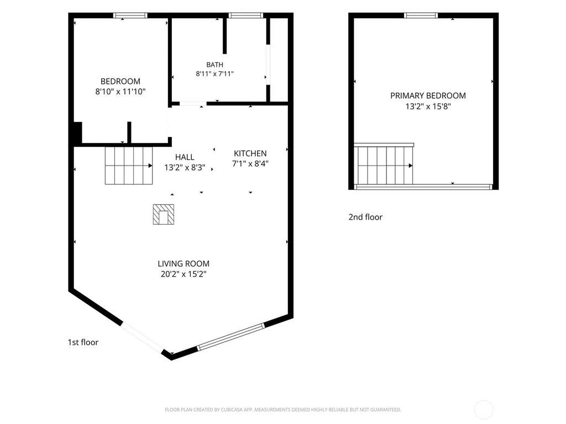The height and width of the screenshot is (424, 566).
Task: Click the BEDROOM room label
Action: pos(120,82)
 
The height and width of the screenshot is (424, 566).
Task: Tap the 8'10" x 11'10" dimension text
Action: pos(120,92)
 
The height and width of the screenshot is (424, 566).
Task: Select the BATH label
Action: pos(215,65)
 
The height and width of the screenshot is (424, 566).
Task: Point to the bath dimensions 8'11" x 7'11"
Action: pos(215,74)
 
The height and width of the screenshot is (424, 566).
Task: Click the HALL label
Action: pos(185,157)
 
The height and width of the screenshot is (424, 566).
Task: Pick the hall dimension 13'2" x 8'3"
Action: pos(185,168)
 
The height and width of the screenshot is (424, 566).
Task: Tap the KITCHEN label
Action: pos(250,153)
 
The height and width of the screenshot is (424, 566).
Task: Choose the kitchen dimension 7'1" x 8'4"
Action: pos(250,163)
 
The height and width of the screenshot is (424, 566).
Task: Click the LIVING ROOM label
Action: pos(184,263)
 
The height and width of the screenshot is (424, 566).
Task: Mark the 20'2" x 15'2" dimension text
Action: pos(184,274)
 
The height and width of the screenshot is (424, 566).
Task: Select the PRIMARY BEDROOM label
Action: pos(428,96)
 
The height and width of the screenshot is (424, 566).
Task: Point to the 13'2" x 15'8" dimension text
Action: pos(428,107)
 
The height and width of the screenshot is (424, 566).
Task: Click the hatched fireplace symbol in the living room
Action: pos(164,215)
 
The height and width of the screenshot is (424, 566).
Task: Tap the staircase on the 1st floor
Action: pos(129,166)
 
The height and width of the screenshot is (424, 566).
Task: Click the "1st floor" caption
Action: pos(83,342)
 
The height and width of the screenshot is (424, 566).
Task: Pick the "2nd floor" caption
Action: pos(365,217)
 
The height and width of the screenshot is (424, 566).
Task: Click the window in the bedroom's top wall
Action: pos(130,15)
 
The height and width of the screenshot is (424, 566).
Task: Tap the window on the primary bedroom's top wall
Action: pos(421,15)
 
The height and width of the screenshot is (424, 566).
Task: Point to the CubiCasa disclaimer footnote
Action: pos(283,410)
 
